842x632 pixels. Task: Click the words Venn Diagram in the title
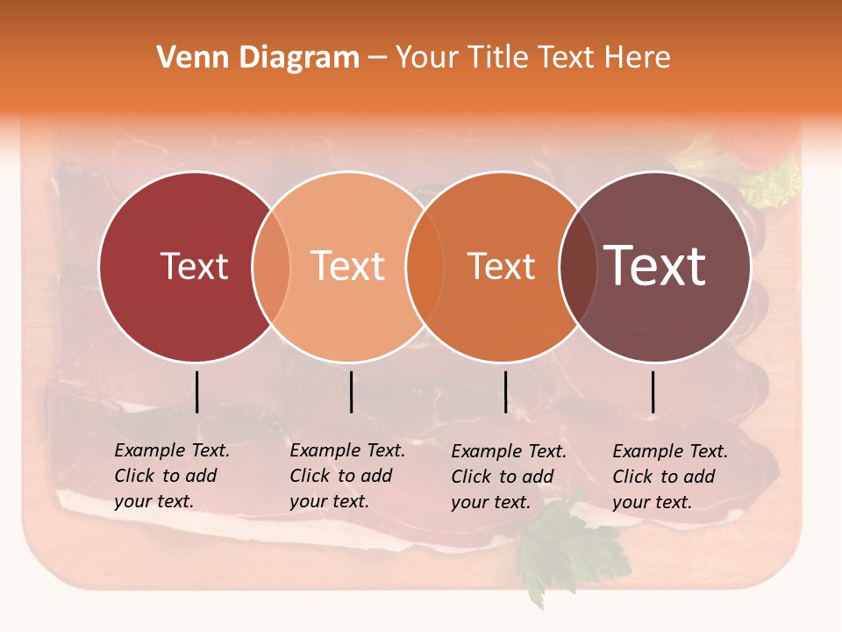click(x=258, y=58)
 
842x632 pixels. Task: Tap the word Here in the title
click(x=639, y=58)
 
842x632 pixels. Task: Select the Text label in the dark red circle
click(x=194, y=266)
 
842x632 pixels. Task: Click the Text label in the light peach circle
click(x=348, y=266)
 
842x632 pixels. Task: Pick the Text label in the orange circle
click(x=501, y=266)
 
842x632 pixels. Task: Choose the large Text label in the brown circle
click(x=655, y=266)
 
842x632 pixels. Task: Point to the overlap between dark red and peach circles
click(x=271, y=266)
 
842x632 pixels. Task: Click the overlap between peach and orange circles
click(x=425, y=266)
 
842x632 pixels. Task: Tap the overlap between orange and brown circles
click(x=577, y=266)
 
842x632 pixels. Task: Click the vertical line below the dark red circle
click(x=196, y=391)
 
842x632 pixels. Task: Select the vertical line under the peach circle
click(x=351, y=391)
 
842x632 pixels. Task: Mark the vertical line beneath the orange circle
click(x=505, y=391)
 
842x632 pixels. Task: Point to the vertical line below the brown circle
click(x=653, y=391)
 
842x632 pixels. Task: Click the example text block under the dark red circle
click(x=172, y=476)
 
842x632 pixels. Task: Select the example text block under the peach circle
click(x=347, y=476)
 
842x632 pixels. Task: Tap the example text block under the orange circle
click(x=509, y=477)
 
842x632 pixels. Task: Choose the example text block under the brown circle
click(x=670, y=477)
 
